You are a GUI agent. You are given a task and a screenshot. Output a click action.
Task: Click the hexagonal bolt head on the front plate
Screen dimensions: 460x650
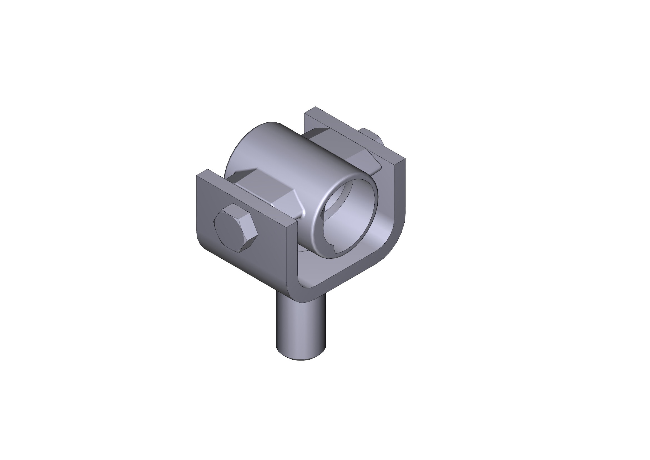(236, 228)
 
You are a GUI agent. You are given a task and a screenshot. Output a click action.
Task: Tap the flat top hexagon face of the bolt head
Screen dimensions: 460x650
(234, 227)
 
